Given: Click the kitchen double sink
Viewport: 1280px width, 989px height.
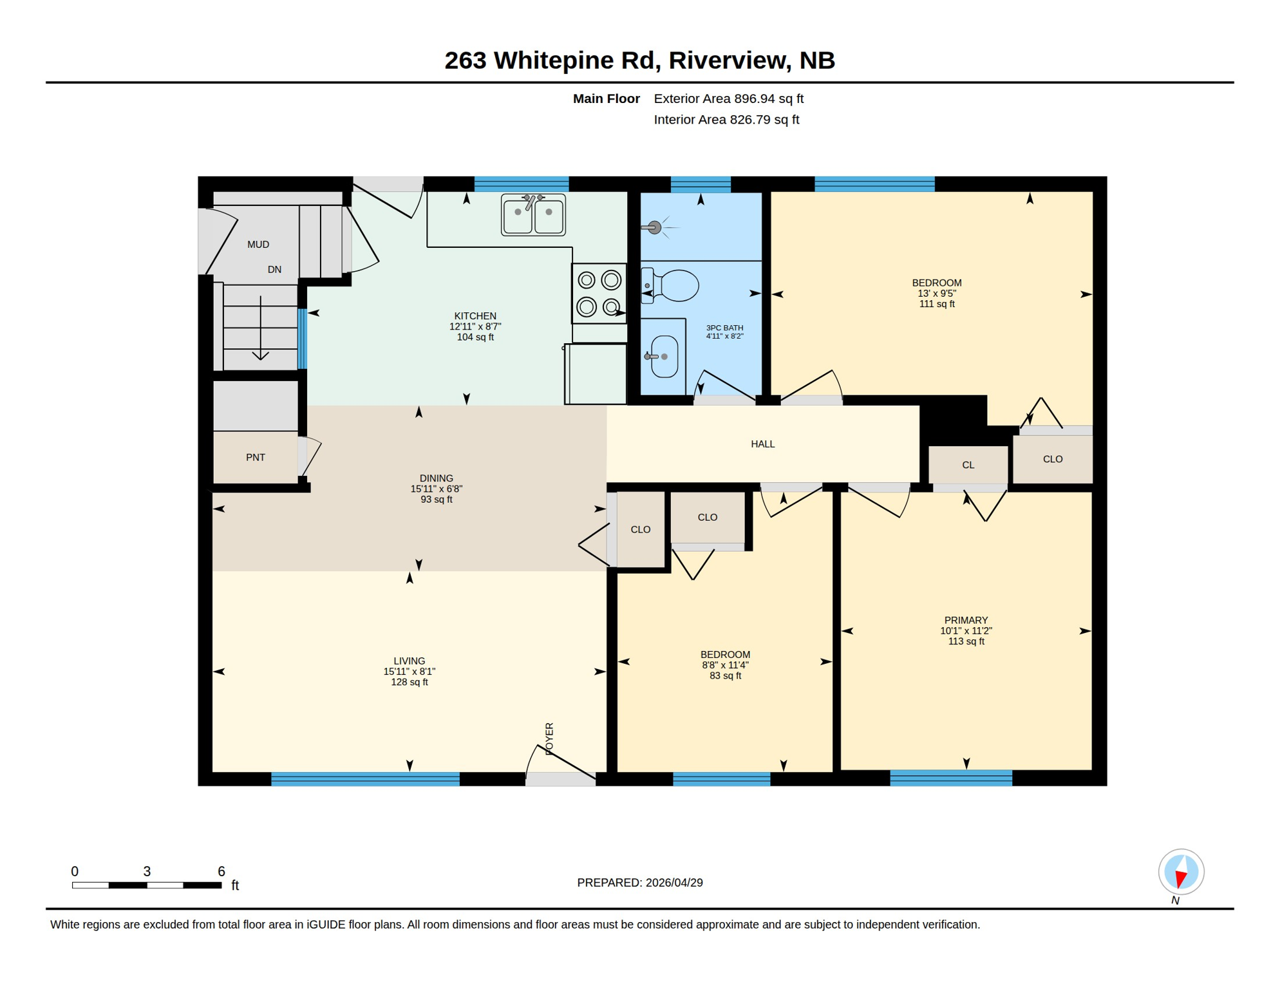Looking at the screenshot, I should pyautogui.click(x=533, y=215).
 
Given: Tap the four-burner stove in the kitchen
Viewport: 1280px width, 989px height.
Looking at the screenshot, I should pyautogui.click(x=599, y=293).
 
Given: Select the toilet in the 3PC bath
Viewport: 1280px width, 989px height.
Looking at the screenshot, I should pyautogui.click(x=673, y=286).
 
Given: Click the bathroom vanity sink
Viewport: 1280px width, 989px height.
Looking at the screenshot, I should pyautogui.click(x=664, y=356).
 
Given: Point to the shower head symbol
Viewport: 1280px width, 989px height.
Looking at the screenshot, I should pyautogui.click(x=655, y=227).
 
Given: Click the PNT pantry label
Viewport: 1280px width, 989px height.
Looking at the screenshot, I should pyautogui.click(x=256, y=457).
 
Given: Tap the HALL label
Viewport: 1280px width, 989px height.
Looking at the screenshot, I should pyautogui.click(x=762, y=444).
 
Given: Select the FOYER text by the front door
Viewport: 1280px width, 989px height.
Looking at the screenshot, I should pyautogui.click(x=549, y=738).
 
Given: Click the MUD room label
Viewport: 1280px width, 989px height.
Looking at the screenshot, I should pyautogui.click(x=258, y=244).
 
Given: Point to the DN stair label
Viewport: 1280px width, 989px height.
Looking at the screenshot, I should pyautogui.click(x=274, y=269).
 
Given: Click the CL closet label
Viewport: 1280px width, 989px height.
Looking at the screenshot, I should pyautogui.click(x=968, y=465).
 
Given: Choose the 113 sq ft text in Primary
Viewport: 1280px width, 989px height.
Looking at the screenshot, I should pyautogui.click(x=966, y=641).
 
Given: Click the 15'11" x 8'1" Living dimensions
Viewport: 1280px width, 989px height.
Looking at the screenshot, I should pyautogui.click(x=409, y=672).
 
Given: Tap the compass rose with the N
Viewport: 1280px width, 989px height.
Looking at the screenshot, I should pyautogui.click(x=1181, y=872).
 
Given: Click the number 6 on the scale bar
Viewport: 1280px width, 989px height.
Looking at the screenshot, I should pyautogui.click(x=221, y=871).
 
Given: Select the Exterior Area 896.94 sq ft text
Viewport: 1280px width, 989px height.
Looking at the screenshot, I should pyautogui.click(x=728, y=99).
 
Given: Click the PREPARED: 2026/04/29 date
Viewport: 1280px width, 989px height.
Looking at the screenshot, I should pyautogui.click(x=639, y=882).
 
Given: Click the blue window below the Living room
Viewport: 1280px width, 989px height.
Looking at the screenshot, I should pyautogui.click(x=365, y=779).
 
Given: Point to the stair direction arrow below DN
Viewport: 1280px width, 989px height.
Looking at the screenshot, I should pyautogui.click(x=261, y=328).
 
